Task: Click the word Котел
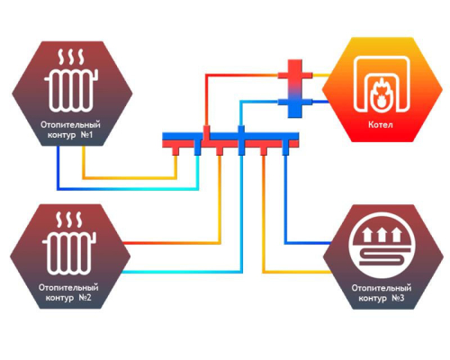tap(381, 124)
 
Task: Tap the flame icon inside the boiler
tap(381, 94)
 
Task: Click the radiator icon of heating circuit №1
tap(71, 90)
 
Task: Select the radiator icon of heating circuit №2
tap(69, 253)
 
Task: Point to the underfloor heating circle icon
tap(381, 246)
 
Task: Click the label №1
tap(86, 135)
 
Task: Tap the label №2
tap(85, 298)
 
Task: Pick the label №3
tap(398, 298)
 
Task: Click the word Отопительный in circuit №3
tap(381, 288)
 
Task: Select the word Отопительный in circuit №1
tap(70, 124)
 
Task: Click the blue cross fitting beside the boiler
tap(295, 103)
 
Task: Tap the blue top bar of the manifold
tap(230, 136)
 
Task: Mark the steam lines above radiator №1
tap(71, 57)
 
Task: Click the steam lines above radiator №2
tap(69, 220)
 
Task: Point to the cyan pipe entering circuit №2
tap(181, 272)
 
